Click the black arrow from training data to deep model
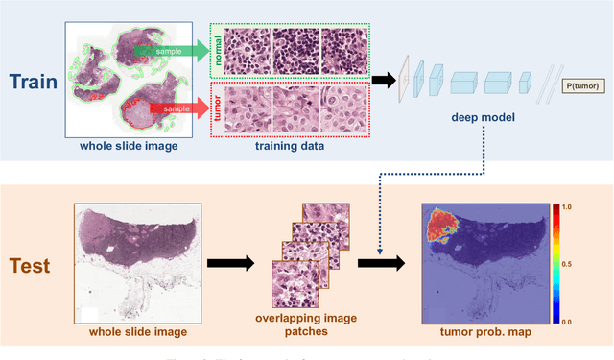click(382, 81)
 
